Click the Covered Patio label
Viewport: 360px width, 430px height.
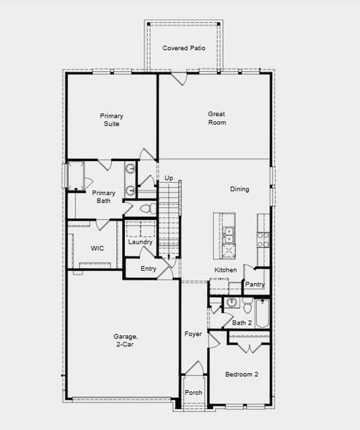click(184, 48)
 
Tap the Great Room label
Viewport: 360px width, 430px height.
click(217, 118)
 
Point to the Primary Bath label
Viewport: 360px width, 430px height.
click(104, 196)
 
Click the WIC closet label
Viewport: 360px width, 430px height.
click(98, 248)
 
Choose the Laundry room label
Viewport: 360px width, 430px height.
click(140, 242)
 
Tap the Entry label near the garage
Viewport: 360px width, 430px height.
click(148, 269)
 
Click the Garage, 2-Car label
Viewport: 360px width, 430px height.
click(124, 340)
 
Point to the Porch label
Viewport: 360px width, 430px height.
click(194, 393)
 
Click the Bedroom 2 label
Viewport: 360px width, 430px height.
click(241, 374)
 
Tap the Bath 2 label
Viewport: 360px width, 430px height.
click(241, 323)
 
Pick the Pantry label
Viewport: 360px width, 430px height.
click(255, 285)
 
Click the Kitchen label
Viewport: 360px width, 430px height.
click(225, 269)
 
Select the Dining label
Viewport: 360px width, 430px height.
click(240, 189)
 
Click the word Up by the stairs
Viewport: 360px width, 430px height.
click(169, 178)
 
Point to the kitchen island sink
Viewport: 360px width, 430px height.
click(229, 233)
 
